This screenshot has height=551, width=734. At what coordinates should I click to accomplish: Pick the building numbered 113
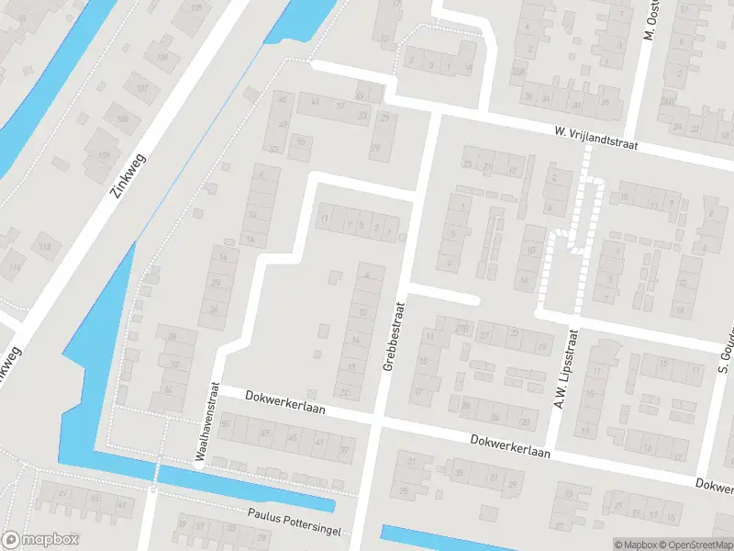44,246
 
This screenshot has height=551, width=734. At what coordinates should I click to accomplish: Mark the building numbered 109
104,154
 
